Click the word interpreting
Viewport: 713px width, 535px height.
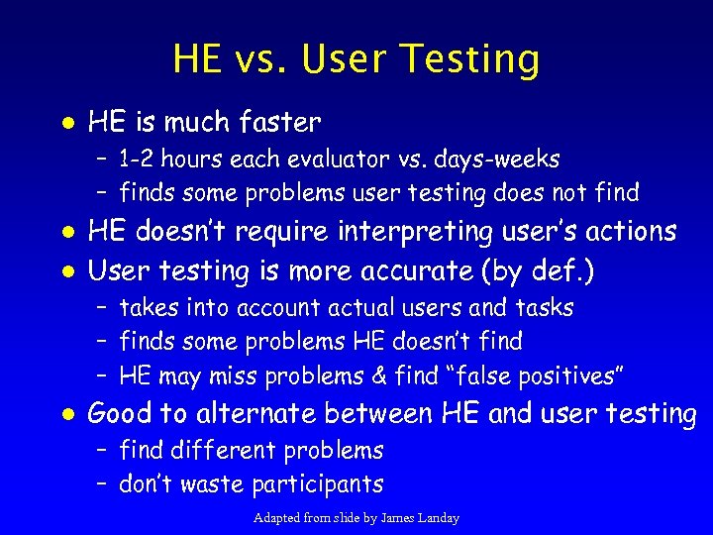414,232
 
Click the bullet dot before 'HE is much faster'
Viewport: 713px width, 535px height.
64,123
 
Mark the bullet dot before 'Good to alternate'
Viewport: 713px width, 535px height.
64,414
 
